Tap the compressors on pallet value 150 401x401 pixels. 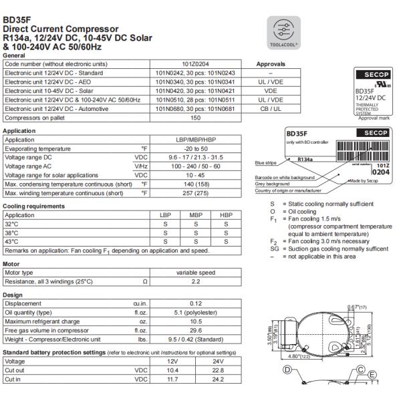pyautogui.click(x=195, y=117)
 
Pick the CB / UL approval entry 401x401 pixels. pyautogui.click(x=271, y=108)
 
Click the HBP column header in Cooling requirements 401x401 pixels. pyautogui.click(x=225, y=216)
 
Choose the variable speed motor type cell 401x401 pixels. pyautogui.click(x=195, y=273)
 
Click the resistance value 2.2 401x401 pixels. pyautogui.click(x=195, y=281)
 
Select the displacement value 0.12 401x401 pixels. pyautogui.click(x=195, y=303)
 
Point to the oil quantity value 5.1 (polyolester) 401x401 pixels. pyautogui.click(x=195, y=311)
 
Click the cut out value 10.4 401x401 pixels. pyautogui.click(x=172, y=369)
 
